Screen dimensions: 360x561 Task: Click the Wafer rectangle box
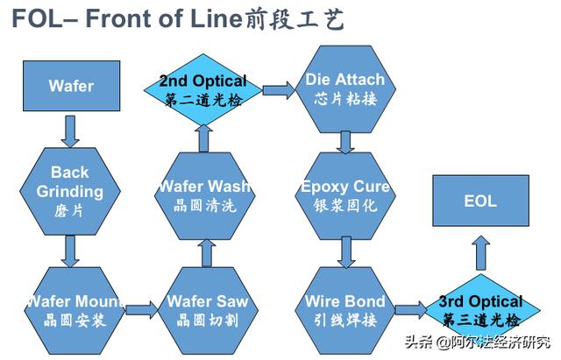(70, 87)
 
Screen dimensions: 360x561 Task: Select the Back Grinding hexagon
(70, 190)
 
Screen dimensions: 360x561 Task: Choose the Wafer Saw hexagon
(207, 309)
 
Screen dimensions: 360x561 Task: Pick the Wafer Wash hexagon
(204, 194)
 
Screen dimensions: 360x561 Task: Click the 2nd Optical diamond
(203, 90)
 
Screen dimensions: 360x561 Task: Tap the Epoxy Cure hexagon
(344, 194)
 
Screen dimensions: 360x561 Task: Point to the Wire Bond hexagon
(344, 309)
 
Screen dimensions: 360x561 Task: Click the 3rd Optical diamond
(479, 309)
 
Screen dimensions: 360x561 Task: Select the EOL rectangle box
(479, 201)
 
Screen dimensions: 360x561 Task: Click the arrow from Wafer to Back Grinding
(70, 131)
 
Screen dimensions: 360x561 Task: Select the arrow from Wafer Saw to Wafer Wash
(207, 252)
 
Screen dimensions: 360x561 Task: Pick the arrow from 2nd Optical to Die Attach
(278, 89)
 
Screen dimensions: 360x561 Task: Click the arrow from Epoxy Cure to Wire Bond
(345, 251)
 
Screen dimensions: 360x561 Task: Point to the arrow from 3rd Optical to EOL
(480, 255)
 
